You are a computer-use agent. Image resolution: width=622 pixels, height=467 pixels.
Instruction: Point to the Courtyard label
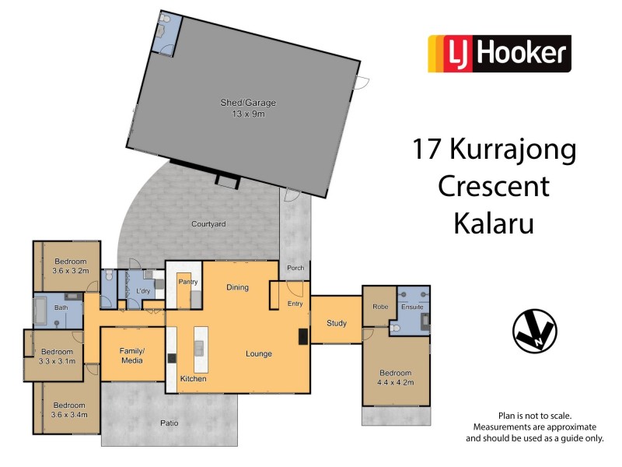208,224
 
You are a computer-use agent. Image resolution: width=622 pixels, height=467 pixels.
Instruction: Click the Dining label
237,287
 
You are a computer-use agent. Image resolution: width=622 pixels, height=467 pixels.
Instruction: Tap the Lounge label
259,353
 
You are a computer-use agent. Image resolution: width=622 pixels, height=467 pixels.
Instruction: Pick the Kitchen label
193,378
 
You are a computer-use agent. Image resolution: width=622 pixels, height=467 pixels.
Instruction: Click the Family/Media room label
132,356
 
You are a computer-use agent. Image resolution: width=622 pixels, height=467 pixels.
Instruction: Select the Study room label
336,322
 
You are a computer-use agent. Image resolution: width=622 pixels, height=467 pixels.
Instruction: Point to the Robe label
379,307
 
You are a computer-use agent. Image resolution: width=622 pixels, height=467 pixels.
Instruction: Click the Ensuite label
412,307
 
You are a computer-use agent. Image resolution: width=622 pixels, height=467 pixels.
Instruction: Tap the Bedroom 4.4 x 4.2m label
397,376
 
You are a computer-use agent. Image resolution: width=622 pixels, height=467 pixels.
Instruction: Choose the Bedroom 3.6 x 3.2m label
71,266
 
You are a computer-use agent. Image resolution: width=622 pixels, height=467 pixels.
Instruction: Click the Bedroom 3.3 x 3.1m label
58,356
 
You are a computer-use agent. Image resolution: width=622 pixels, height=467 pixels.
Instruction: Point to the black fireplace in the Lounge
302,336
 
